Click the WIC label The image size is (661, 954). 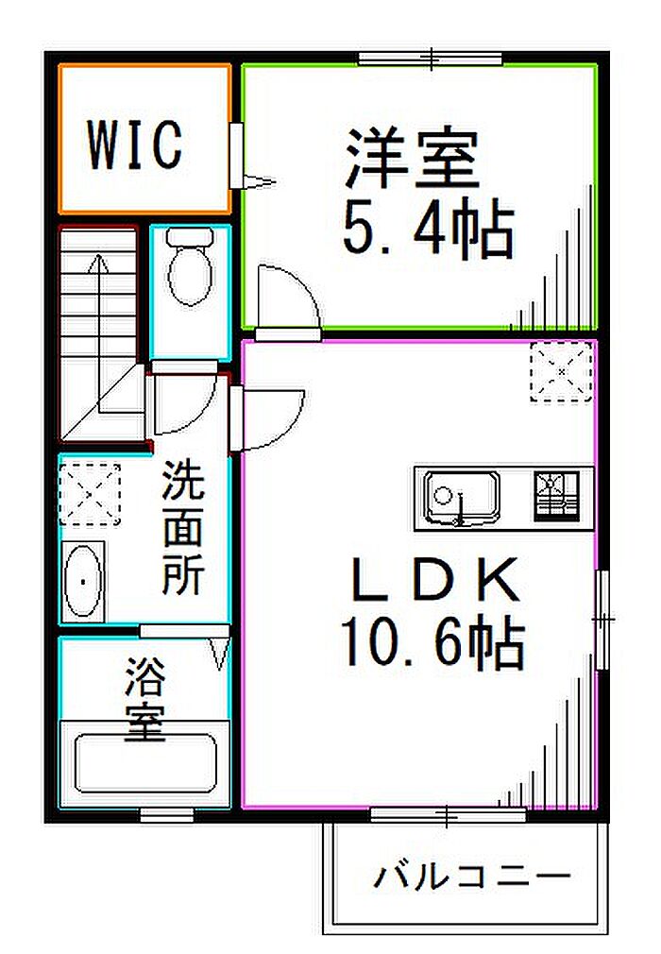tap(134, 145)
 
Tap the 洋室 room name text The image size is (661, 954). tap(413, 159)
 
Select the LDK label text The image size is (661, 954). tap(435, 581)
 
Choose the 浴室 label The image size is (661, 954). tap(145, 698)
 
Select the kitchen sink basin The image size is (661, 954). tap(461, 497)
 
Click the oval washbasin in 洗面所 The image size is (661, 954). tap(82, 582)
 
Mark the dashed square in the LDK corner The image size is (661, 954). tap(561, 371)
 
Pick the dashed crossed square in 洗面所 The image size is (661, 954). tap(90, 493)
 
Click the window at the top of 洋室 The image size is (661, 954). tap(430, 59)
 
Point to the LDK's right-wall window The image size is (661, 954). tap(602, 619)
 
